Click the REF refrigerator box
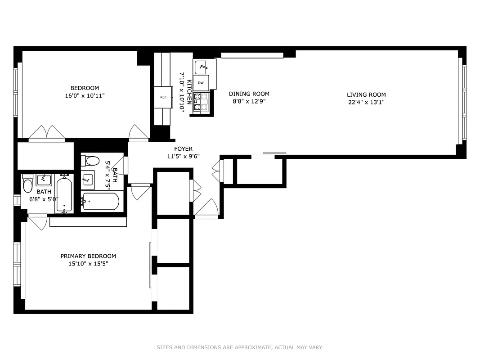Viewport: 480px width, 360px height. [163, 97]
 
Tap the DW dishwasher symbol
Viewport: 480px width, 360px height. [202, 83]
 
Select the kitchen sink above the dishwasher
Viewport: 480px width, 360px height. [201, 67]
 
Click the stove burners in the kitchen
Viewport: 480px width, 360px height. [201, 102]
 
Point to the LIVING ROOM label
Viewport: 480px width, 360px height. [366, 94]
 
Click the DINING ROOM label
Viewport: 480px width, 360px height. [249, 94]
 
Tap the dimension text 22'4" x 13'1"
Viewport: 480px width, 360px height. [366, 102]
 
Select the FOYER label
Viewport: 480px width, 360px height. [183, 149]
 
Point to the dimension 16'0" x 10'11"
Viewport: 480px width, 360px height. [85, 96]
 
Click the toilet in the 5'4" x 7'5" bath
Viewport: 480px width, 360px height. [92, 161]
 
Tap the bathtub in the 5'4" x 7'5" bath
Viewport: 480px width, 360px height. [101, 201]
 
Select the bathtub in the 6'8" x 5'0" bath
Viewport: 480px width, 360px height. [64, 195]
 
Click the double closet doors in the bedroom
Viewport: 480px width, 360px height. [47, 133]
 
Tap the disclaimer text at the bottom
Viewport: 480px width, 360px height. [240, 347]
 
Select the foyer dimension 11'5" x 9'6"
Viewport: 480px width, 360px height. [183, 157]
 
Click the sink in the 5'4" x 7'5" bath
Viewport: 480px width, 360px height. [88, 180]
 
